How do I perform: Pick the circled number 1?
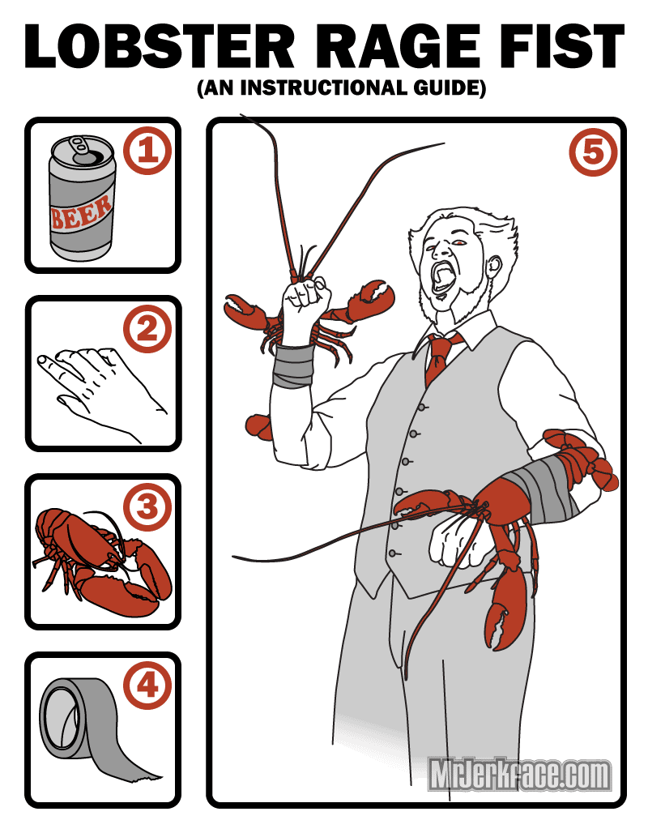click(147, 151)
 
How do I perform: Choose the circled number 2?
click(147, 329)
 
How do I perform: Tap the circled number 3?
click(147, 507)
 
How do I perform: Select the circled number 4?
click(147, 686)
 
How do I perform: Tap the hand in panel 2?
click(101, 391)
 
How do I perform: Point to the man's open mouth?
click(442, 277)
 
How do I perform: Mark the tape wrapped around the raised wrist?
click(292, 365)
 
